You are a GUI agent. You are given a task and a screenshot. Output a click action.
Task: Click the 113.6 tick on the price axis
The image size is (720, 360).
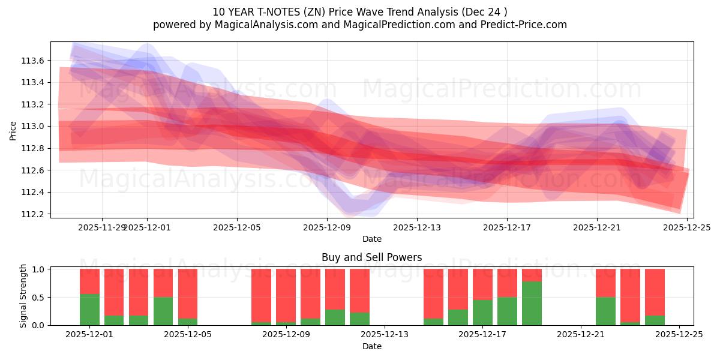point(33,61)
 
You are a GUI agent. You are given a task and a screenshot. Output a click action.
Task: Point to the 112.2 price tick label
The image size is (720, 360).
point(33,214)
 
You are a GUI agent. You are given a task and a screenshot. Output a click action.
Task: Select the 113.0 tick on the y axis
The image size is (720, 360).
point(33,127)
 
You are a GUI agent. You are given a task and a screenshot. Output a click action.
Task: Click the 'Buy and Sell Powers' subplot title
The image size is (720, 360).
point(371,257)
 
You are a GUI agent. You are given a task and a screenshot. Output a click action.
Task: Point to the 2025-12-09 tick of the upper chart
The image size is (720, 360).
point(327,227)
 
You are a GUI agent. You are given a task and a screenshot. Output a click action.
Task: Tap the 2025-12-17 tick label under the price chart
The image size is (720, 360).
point(507,227)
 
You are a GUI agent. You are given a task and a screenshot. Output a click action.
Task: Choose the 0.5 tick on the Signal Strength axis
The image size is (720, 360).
point(37,298)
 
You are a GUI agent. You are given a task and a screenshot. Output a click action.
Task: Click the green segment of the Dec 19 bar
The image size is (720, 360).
point(532,304)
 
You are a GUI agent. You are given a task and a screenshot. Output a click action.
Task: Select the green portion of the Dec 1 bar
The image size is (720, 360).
point(89,310)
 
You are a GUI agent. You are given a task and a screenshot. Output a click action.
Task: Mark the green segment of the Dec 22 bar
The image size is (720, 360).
point(605,311)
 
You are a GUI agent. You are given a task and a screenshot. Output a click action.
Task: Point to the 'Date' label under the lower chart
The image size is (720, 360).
point(371,346)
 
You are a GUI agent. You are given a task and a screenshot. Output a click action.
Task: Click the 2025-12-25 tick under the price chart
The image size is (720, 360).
point(687,227)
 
